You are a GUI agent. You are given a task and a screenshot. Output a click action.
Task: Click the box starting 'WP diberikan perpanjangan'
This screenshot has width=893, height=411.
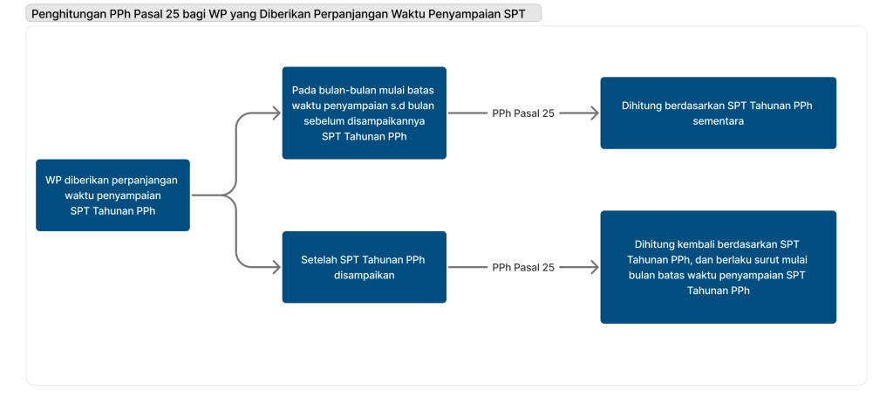click(112, 195)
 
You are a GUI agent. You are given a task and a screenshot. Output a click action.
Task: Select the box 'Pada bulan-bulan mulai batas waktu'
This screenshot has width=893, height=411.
click(364, 113)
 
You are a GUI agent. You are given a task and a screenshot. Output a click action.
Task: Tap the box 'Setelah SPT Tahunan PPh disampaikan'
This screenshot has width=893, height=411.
click(364, 267)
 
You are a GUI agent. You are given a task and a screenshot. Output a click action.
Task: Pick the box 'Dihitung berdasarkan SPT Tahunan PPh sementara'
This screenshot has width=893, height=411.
click(718, 113)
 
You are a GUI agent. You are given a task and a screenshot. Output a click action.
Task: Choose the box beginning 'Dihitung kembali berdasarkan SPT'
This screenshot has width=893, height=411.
click(718, 267)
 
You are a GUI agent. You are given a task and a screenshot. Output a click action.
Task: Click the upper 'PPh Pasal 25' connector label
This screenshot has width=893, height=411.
click(523, 113)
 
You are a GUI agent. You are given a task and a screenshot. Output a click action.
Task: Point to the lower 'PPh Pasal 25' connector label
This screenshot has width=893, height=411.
click(523, 268)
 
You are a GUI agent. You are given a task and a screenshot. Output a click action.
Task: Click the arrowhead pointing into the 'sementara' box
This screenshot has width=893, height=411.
click(595, 113)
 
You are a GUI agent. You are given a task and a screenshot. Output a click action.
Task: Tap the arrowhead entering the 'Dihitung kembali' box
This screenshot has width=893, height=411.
click(595, 268)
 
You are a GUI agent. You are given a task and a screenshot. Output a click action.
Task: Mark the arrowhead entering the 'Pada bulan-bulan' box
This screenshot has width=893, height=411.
click(276, 113)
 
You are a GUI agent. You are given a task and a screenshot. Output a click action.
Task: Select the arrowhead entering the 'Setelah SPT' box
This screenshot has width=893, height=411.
click(276, 268)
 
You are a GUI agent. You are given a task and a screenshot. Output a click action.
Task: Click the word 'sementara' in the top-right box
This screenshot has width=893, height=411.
click(718, 121)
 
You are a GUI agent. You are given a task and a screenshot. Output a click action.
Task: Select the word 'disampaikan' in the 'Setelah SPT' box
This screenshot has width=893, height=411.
click(364, 276)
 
